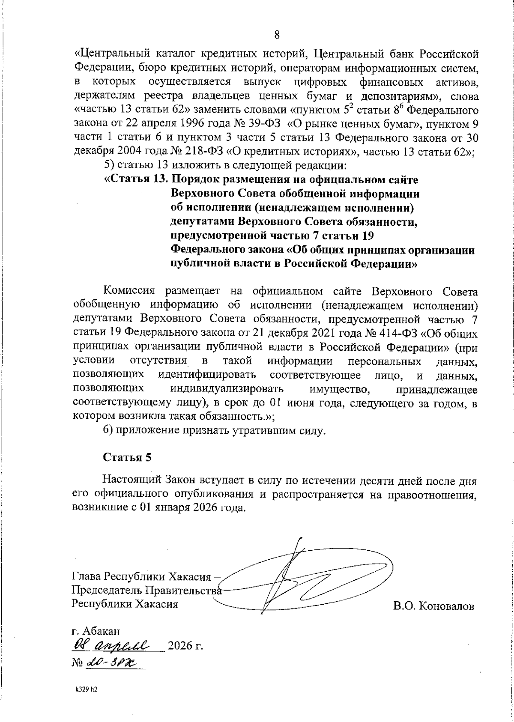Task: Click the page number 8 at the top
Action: (x=277, y=35)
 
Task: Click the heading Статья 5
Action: (x=127, y=457)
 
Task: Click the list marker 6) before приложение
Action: (x=108, y=430)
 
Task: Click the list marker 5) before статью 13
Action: (x=108, y=165)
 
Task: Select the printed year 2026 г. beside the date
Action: (x=185, y=645)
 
